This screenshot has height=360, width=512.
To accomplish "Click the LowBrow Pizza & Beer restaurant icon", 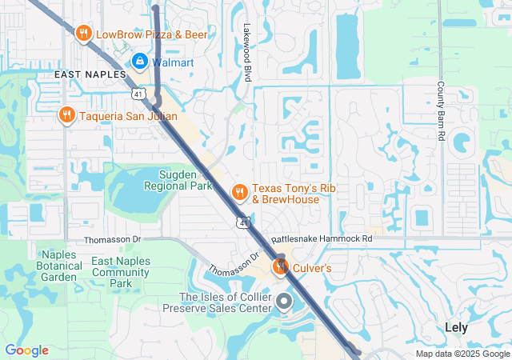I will [x=83, y=34].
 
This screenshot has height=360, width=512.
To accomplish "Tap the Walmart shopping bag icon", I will [x=139, y=61].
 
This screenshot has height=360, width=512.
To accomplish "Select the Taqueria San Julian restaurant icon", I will [x=67, y=115].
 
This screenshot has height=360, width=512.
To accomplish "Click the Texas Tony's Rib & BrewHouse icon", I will [x=238, y=192].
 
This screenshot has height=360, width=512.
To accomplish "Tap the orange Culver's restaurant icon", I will [x=280, y=266].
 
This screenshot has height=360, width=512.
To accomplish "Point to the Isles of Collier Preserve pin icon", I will [x=285, y=302].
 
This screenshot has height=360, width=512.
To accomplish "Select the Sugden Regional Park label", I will [x=177, y=180].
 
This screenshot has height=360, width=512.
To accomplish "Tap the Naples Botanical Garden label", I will [x=60, y=266].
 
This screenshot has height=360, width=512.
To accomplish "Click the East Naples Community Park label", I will [x=122, y=272].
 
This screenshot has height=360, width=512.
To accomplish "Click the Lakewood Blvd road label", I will [x=247, y=52].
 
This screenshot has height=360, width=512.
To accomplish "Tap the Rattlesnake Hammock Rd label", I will [x=322, y=238].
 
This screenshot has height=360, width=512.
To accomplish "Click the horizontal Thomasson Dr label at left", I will [x=113, y=239].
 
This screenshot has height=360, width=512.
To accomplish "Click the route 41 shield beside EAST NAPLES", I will [x=138, y=94].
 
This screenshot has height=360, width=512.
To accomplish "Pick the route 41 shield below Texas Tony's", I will [x=242, y=221].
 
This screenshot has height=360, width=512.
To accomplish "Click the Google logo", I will [x=26, y=350].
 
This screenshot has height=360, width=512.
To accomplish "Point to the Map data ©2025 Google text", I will [x=462, y=354].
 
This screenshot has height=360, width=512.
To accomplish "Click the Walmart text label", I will [x=172, y=61].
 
